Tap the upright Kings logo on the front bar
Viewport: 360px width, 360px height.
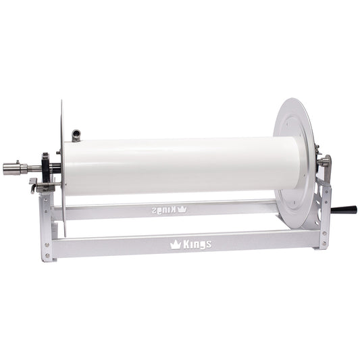click(x=191, y=244)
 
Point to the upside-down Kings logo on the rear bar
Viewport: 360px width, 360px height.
click(x=168, y=209)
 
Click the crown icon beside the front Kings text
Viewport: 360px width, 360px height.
click(x=176, y=244)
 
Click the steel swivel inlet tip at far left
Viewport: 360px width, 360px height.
click(x=11, y=168)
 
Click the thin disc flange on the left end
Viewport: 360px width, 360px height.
click(x=61, y=162)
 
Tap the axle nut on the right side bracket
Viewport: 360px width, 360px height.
click(x=324, y=161)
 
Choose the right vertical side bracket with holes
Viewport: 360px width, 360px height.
click(x=325, y=209)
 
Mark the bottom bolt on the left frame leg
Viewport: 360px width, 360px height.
click(x=47, y=255)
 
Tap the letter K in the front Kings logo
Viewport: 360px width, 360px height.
click(x=186, y=244)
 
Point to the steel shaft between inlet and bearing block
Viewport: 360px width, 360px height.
click(x=32, y=168)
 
